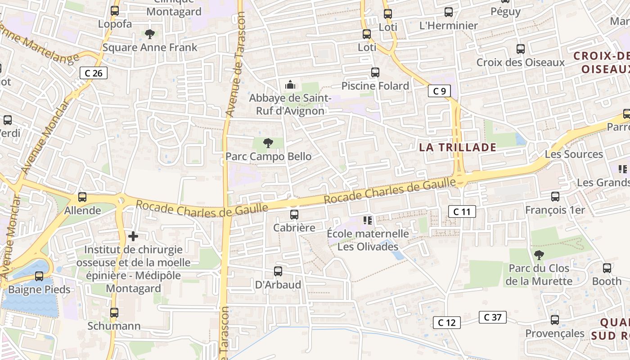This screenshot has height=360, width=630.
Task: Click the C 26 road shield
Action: (x=94, y=73)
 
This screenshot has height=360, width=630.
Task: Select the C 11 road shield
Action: (x=462, y=211)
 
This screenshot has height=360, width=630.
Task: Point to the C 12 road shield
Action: (x=446, y=322)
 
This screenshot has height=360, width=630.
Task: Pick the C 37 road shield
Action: (x=493, y=317)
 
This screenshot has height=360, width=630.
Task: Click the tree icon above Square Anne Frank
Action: (x=150, y=34)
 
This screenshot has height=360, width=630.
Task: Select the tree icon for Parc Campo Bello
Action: (x=268, y=144)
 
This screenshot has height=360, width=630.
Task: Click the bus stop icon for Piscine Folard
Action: (x=375, y=72)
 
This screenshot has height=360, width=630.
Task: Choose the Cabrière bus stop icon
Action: (x=294, y=215)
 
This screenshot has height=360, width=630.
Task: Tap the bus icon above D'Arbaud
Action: (x=278, y=271)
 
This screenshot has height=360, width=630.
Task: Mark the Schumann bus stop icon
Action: (x=114, y=313)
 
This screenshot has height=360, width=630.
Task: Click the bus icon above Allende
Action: (x=82, y=197)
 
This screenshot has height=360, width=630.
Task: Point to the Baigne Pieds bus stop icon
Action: (x=39, y=276)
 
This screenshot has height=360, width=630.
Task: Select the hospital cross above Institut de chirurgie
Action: (x=133, y=236)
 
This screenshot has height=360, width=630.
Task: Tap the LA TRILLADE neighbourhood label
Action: (x=458, y=148)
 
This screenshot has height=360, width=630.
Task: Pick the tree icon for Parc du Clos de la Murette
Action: (x=539, y=255)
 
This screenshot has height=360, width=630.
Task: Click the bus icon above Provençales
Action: (x=555, y=320)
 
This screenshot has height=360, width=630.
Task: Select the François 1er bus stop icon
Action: (x=555, y=197)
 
